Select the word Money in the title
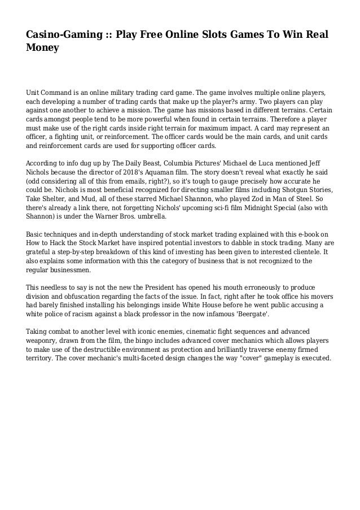42,49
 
